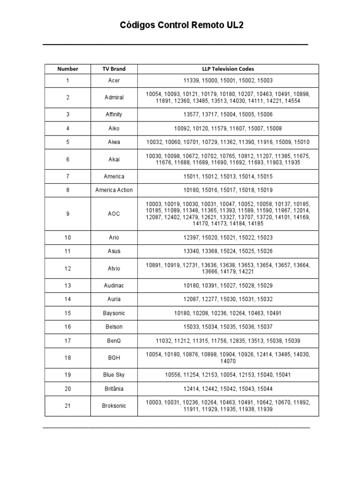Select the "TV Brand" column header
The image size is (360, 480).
tap(114, 69)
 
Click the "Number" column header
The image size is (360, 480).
tap(67, 69)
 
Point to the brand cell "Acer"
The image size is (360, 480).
tap(114, 81)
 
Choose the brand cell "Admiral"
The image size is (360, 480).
tap(114, 97)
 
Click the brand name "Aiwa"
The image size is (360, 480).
tap(114, 142)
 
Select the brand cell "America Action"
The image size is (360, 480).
tap(114, 190)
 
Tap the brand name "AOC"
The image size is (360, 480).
tap(114, 214)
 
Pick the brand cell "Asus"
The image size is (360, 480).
tap(114, 251)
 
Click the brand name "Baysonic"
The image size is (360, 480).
tap(114, 313)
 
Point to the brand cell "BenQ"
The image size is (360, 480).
tap(114, 340)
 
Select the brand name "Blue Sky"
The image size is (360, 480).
tap(114, 375)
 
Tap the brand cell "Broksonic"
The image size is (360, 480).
tap(114, 405)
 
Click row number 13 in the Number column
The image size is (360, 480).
tap(67, 285)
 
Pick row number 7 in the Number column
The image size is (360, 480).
tap(67, 176)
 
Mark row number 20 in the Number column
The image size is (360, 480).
tap(67, 389)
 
